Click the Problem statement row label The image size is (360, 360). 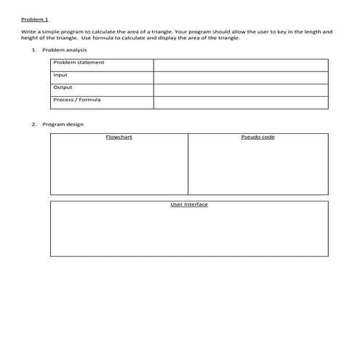(79, 63)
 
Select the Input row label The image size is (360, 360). (60, 75)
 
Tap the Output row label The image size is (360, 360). (63, 87)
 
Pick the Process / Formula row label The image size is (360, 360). (77, 100)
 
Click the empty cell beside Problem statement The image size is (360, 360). (240, 65)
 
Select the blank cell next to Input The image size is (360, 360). (240, 77)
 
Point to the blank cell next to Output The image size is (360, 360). (240, 89)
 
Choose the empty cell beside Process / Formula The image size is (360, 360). (240, 102)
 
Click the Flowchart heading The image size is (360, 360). (119, 137)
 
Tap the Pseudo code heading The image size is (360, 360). (257, 137)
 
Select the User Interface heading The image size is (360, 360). (189, 204)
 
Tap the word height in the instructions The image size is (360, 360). (29, 38)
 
